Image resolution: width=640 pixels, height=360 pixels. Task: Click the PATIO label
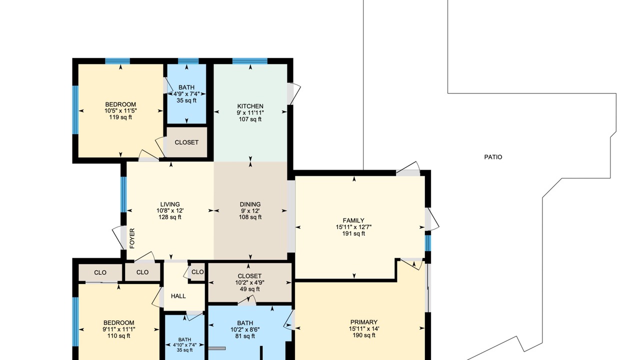point(493,157)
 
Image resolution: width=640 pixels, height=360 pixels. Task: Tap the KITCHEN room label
point(250,106)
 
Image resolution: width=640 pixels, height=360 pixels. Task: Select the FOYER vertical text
point(132,238)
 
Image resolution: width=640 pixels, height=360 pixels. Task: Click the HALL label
point(178,296)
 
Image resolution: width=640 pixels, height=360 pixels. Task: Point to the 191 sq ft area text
point(353,233)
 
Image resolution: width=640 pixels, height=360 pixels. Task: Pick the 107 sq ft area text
point(250,119)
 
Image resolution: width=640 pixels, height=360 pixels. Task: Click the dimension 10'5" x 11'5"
point(120,111)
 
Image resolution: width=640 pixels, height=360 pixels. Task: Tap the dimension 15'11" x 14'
point(364,328)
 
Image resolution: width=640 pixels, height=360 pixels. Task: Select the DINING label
point(250,204)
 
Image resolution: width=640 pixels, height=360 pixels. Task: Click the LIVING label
point(170,204)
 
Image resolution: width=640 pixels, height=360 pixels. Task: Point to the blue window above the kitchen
point(250,61)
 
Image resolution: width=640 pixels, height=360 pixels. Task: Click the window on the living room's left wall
point(123,194)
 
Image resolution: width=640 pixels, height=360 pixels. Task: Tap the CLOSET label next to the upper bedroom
point(186,142)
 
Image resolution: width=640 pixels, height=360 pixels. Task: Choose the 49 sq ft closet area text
point(249,289)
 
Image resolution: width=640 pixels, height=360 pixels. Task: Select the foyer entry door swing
point(117,237)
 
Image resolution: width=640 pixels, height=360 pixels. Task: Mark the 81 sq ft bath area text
point(245,336)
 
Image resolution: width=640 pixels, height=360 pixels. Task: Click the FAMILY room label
point(353,220)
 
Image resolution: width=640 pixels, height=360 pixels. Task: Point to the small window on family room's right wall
point(427,243)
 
